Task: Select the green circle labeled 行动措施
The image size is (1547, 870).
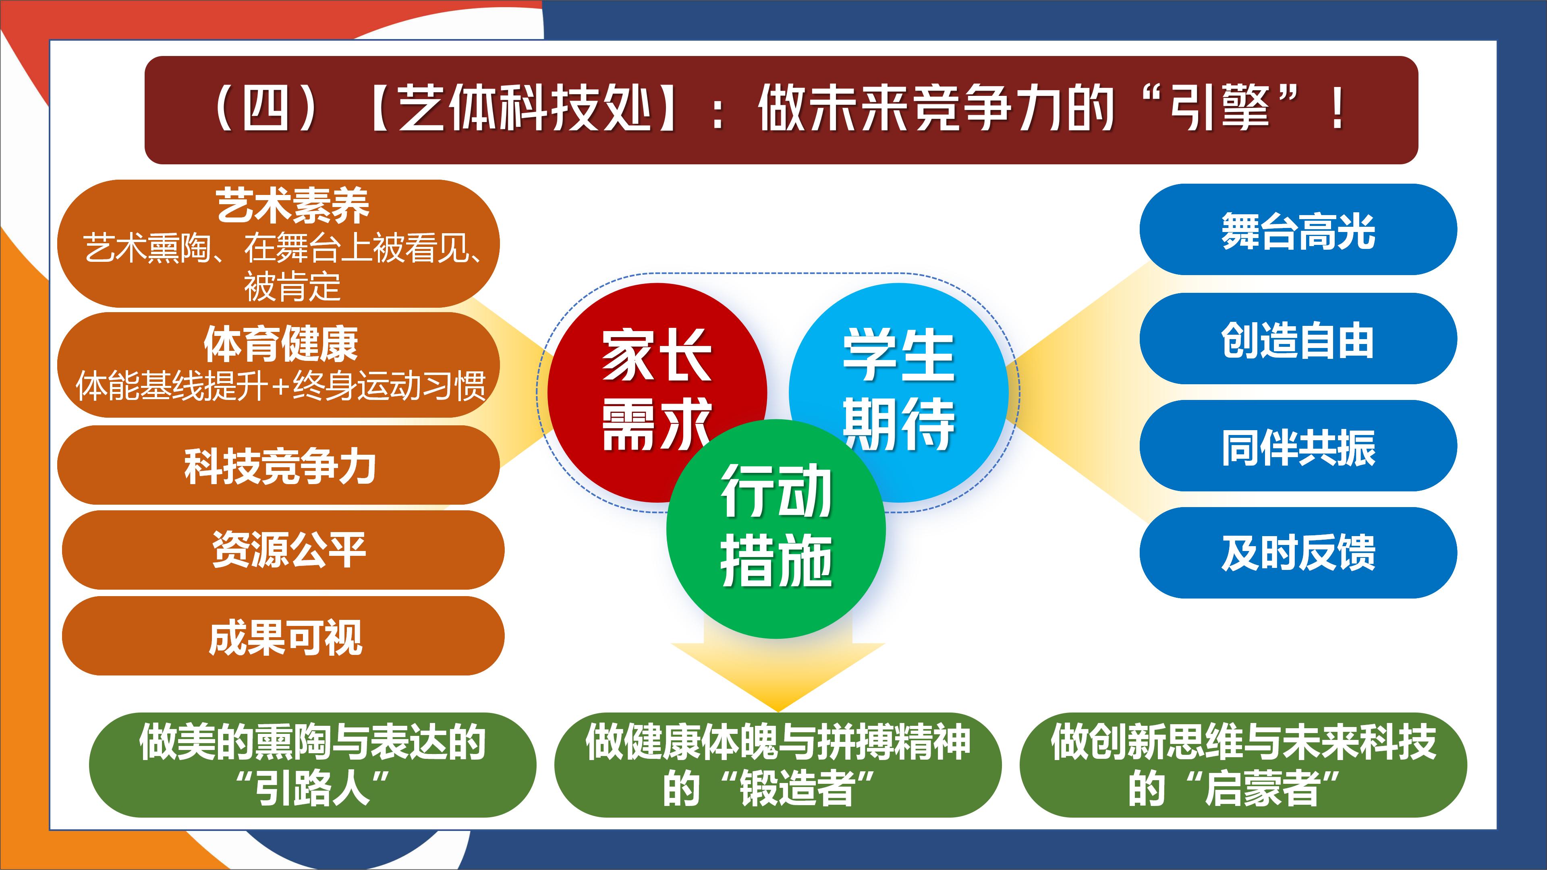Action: coord(776,529)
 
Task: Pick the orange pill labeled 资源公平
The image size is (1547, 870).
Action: coord(283,550)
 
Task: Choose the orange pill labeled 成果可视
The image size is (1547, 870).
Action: coord(283,636)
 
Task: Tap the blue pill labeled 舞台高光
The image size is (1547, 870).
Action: coord(1298,229)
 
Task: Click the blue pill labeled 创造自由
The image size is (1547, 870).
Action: coord(1298,339)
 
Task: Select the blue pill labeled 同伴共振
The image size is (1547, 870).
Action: coord(1298,446)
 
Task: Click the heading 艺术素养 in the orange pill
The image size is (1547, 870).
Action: coord(292,205)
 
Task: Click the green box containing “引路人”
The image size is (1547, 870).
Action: coord(312,765)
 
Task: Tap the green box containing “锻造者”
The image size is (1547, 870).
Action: coord(778,765)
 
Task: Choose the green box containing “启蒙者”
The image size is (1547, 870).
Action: coord(1243,765)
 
